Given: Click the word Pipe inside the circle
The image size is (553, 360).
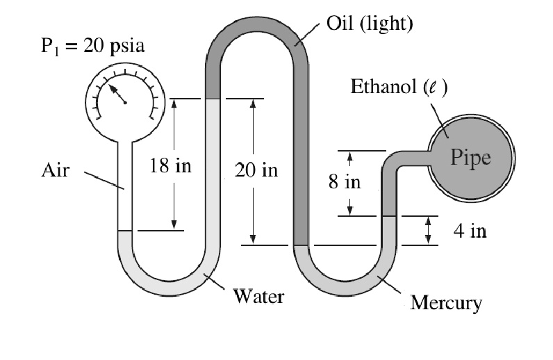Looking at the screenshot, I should [x=470, y=157].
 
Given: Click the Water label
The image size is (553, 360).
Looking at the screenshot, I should [x=258, y=297].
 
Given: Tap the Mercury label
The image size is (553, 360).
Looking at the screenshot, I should [x=445, y=303].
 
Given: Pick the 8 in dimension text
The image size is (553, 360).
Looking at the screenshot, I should [x=345, y=183].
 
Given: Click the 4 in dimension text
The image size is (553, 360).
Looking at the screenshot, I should [x=470, y=231].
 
